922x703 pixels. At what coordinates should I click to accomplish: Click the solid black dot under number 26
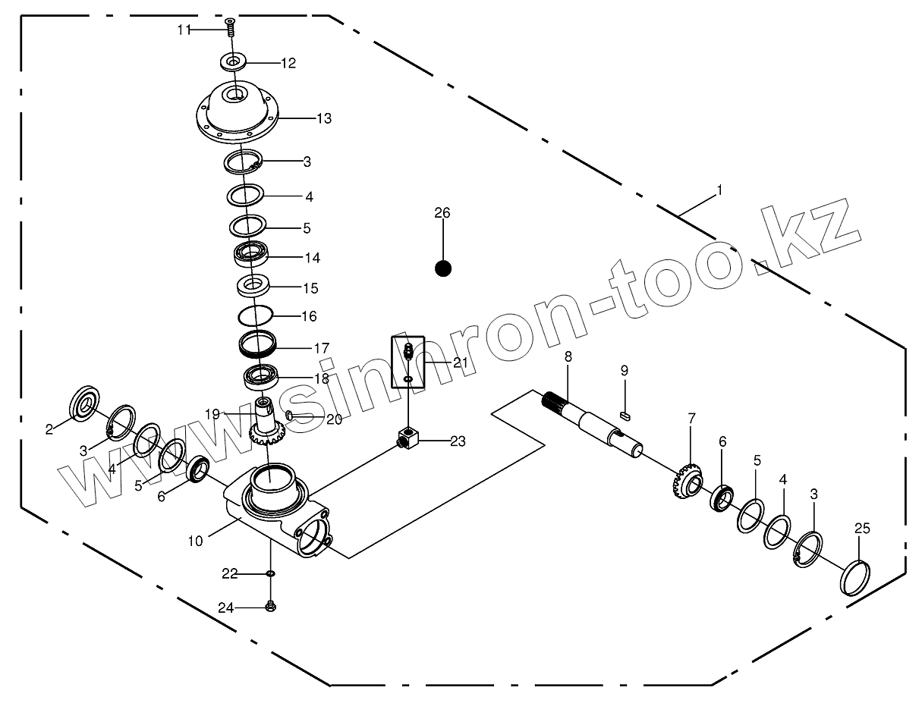click(x=443, y=268)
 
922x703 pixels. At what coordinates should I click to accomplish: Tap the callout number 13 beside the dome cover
click(x=324, y=119)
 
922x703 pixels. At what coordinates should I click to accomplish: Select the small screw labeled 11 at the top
click(x=230, y=29)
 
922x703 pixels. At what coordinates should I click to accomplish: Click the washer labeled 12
click(x=232, y=61)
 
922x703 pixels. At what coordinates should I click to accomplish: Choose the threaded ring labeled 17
click(x=258, y=346)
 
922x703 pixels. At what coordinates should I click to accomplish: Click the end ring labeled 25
click(x=855, y=577)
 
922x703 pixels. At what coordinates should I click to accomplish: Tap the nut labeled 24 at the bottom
click(x=270, y=606)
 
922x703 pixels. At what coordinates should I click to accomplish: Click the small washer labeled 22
click(x=270, y=574)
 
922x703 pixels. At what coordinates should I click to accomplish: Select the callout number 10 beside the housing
click(x=196, y=541)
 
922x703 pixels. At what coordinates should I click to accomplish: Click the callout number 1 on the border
click(x=719, y=191)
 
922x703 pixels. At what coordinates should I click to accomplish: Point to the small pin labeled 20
click(x=290, y=414)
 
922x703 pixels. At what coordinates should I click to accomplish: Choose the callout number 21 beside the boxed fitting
click(x=461, y=363)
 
